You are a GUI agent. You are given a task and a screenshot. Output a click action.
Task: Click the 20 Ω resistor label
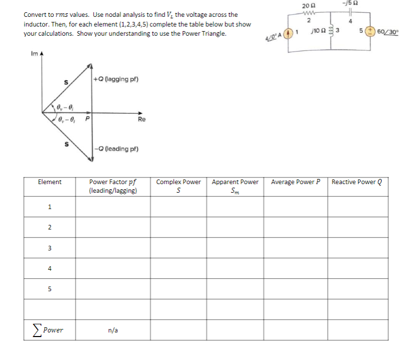pos(306,5)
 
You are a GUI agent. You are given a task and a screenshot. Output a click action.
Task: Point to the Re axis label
pos(141,119)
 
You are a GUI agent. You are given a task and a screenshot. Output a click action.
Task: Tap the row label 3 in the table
pos(49,248)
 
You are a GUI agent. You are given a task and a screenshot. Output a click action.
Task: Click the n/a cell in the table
pos(113,330)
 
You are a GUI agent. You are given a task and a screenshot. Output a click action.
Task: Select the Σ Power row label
pos(49,329)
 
